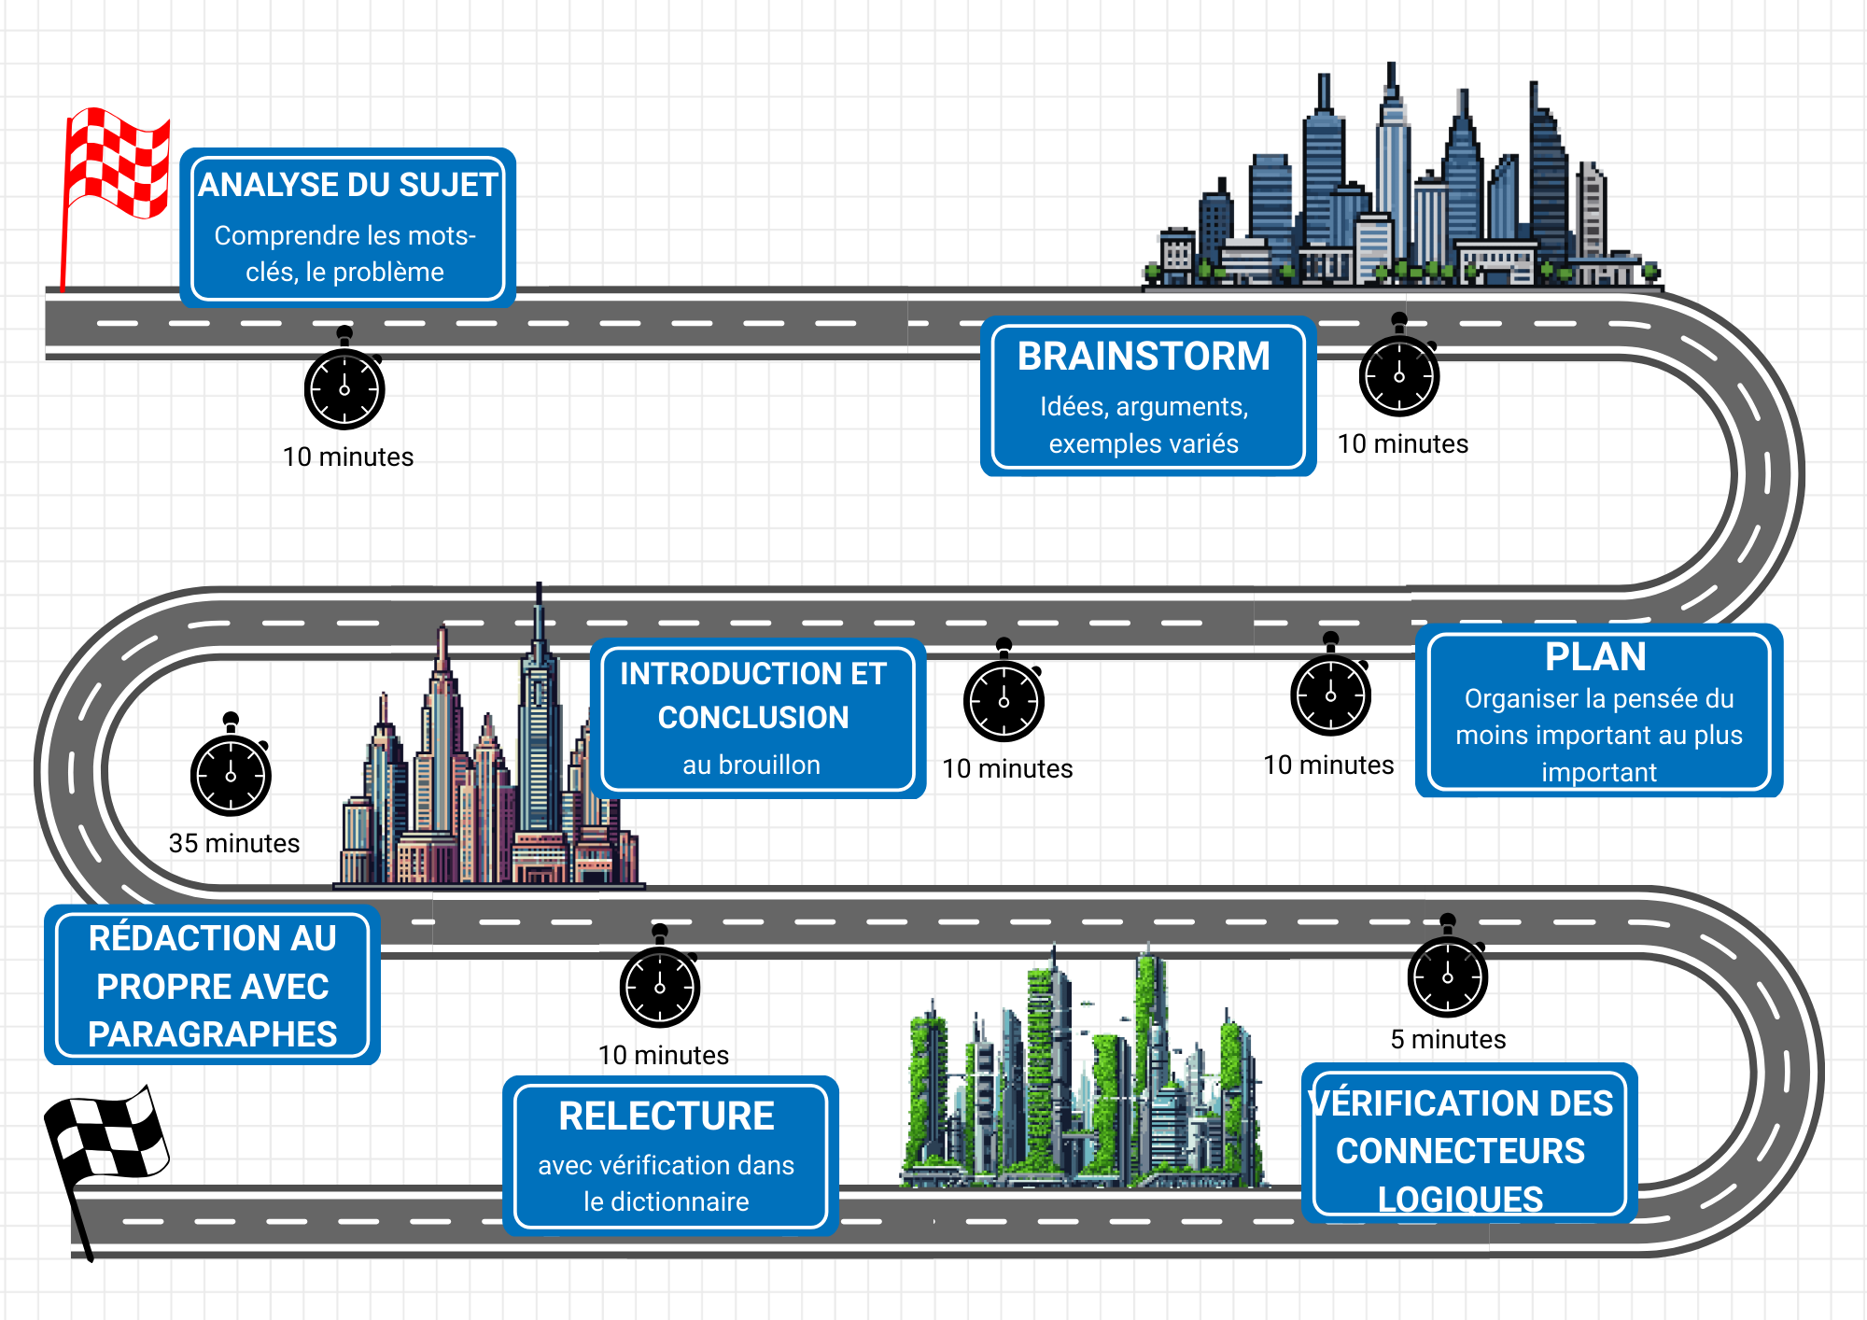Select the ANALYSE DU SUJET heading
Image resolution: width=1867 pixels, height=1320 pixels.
coord(347,185)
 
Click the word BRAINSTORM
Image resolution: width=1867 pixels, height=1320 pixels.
coord(1144,357)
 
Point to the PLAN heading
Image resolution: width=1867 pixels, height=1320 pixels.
coord(1595,657)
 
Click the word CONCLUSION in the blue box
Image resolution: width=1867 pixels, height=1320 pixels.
coord(753,718)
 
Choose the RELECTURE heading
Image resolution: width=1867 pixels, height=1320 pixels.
coord(667,1116)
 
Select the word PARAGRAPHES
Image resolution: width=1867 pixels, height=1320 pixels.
coord(213,1034)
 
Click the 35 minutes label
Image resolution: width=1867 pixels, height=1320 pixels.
coord(234,844)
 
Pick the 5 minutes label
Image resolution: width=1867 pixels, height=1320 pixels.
coord(1448,1040)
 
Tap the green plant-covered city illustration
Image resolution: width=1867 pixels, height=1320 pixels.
coord(1083,1074)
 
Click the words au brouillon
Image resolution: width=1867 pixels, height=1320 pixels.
coord(751,765)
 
